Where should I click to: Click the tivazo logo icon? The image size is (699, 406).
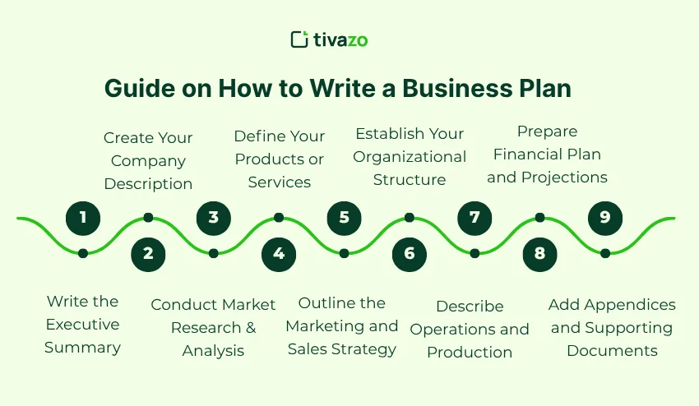(x=299, y=39)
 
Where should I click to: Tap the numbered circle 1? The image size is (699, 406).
(x=83, y=218)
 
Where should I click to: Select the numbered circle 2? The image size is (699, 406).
(x=148, y=253)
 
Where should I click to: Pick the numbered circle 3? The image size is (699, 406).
(x=214, y=218)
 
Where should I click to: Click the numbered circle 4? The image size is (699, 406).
(x=279, y=253)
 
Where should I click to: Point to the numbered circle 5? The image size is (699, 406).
(x=344, y=218)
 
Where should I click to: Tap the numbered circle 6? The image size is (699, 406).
(x=410, y=253)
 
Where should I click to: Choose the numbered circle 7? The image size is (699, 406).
(x=474, y=218)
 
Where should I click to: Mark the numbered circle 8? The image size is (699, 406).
(x=539, y=253)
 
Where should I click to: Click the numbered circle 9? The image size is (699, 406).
(x=605, y=218)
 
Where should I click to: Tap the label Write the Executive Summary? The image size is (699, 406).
(x=82, y=325)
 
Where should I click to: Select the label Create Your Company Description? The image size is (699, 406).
(x=148, y=160)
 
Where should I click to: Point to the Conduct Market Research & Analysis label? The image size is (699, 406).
(x=213, y=328)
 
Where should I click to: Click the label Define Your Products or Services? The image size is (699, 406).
(x=279, y=159)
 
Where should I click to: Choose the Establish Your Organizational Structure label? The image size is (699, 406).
(x=410, y=156)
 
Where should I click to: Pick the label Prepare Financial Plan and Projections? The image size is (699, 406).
(x=547, y=154)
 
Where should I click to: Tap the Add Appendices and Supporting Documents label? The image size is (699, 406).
(x=612, y=327)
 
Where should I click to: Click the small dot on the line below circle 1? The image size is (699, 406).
(x=83, y=253)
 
